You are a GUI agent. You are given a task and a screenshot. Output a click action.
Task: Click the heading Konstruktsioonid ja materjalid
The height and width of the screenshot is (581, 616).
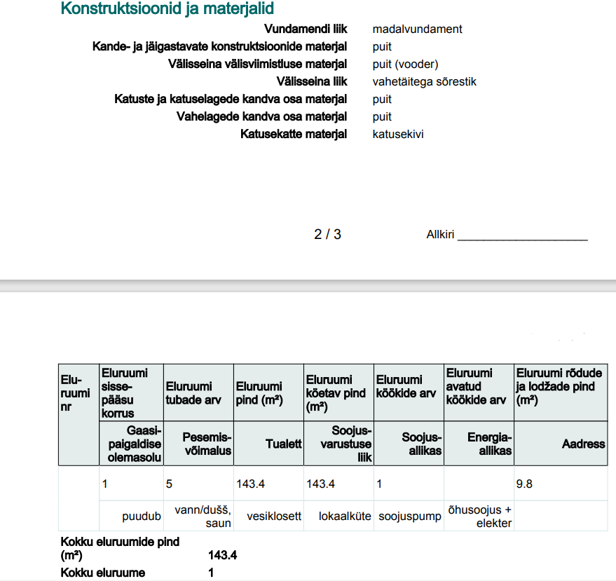point(167,9)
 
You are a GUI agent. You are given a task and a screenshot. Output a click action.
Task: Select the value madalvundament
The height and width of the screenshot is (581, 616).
point(417,29)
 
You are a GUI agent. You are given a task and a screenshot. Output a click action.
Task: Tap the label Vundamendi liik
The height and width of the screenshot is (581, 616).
point(305,29)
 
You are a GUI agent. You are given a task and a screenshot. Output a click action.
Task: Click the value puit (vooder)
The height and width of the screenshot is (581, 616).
point(405,64)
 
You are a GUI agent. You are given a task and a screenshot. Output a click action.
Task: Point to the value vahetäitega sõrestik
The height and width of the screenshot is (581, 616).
point(424,82)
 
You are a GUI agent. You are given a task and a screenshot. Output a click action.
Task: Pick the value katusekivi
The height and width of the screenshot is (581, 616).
point(397,135)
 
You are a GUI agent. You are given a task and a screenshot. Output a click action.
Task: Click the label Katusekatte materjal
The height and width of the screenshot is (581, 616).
point(293,135)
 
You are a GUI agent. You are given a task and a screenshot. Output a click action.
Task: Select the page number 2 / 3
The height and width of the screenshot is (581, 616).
point(327,234)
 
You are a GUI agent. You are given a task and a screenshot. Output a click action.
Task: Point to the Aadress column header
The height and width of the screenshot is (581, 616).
point(583,444)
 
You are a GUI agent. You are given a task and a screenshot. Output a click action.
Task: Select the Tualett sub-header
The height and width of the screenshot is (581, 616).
point(283,444)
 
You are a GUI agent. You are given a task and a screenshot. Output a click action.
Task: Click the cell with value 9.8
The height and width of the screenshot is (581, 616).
point(524,484)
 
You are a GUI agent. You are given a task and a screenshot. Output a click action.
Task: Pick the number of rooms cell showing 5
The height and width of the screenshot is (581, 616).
point(169,484)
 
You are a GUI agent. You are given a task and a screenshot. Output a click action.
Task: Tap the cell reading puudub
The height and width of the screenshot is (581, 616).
point(142,516)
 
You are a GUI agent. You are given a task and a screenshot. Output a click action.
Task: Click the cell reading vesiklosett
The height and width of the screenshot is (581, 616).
point(274,516)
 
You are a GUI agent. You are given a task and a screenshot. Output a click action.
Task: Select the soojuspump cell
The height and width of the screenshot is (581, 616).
point(410,516)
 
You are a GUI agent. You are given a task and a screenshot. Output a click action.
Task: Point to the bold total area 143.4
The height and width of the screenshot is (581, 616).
point(222,556)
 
